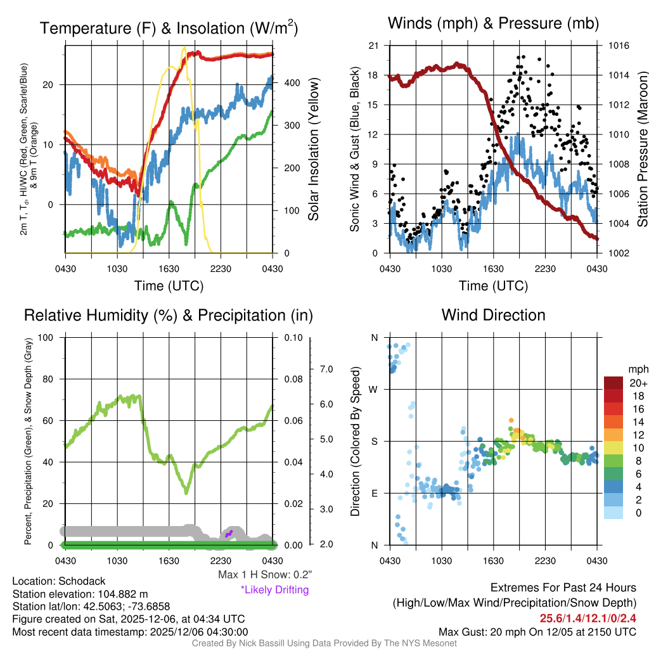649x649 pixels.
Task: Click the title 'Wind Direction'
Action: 493,315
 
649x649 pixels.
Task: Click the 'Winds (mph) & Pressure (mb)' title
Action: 493,24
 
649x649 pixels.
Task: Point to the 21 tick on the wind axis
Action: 373,46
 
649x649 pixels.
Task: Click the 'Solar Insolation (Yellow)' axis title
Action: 314,149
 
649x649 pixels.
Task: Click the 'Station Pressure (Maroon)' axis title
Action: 642,149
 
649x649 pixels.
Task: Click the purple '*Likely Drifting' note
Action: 274,589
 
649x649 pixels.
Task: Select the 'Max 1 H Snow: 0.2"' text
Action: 264,575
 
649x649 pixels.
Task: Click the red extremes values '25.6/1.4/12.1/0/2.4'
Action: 588,618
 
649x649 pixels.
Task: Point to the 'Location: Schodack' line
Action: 59,581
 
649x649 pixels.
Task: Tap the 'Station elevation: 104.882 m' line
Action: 80,594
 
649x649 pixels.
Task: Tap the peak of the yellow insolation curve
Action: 184,48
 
